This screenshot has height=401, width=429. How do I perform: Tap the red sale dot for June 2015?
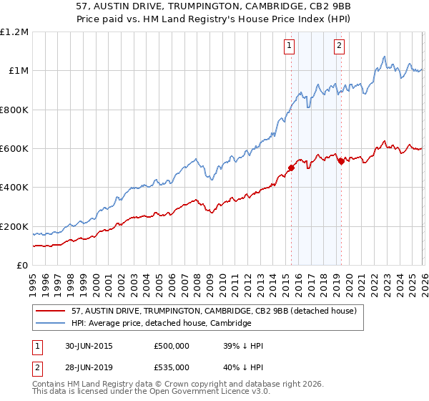(x=291, y=168)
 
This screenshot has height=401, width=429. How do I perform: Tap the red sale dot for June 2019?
(x=341, y=161)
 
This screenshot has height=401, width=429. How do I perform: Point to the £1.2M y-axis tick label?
(x=14, y=32)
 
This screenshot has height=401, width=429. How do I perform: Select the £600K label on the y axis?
(x=14, y=149)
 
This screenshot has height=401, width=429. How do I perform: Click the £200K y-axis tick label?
(x=14, y=227)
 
